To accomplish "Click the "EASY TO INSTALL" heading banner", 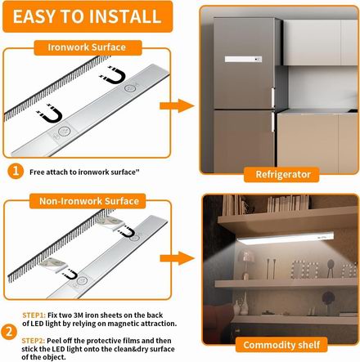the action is point(88,16).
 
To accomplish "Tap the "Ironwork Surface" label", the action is point(88,47).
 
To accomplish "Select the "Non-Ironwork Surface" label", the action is point(88,201).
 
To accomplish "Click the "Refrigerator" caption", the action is point(282,175).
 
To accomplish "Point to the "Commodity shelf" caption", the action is point(281,345).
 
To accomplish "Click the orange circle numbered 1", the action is point(16,171).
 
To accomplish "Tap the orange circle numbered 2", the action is point(9,332).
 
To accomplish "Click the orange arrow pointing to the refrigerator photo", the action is point(177,106).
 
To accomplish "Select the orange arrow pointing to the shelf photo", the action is point(178,258).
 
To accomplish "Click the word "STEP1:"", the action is point(34,315).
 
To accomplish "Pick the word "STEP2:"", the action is point(34,341).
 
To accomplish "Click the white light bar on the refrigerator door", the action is point(243,59).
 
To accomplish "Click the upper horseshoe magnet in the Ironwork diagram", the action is point(113,75).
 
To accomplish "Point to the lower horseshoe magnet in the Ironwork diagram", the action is point(50,114).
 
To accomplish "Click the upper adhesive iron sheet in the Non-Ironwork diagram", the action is point(110,222).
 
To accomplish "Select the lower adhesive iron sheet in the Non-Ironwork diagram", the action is point(53,264).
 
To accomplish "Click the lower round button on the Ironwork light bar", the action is point(65,132).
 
